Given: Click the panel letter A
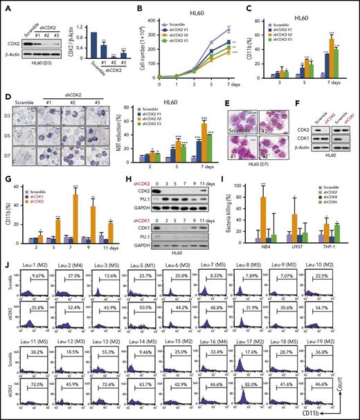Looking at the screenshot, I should pos(6,6).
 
